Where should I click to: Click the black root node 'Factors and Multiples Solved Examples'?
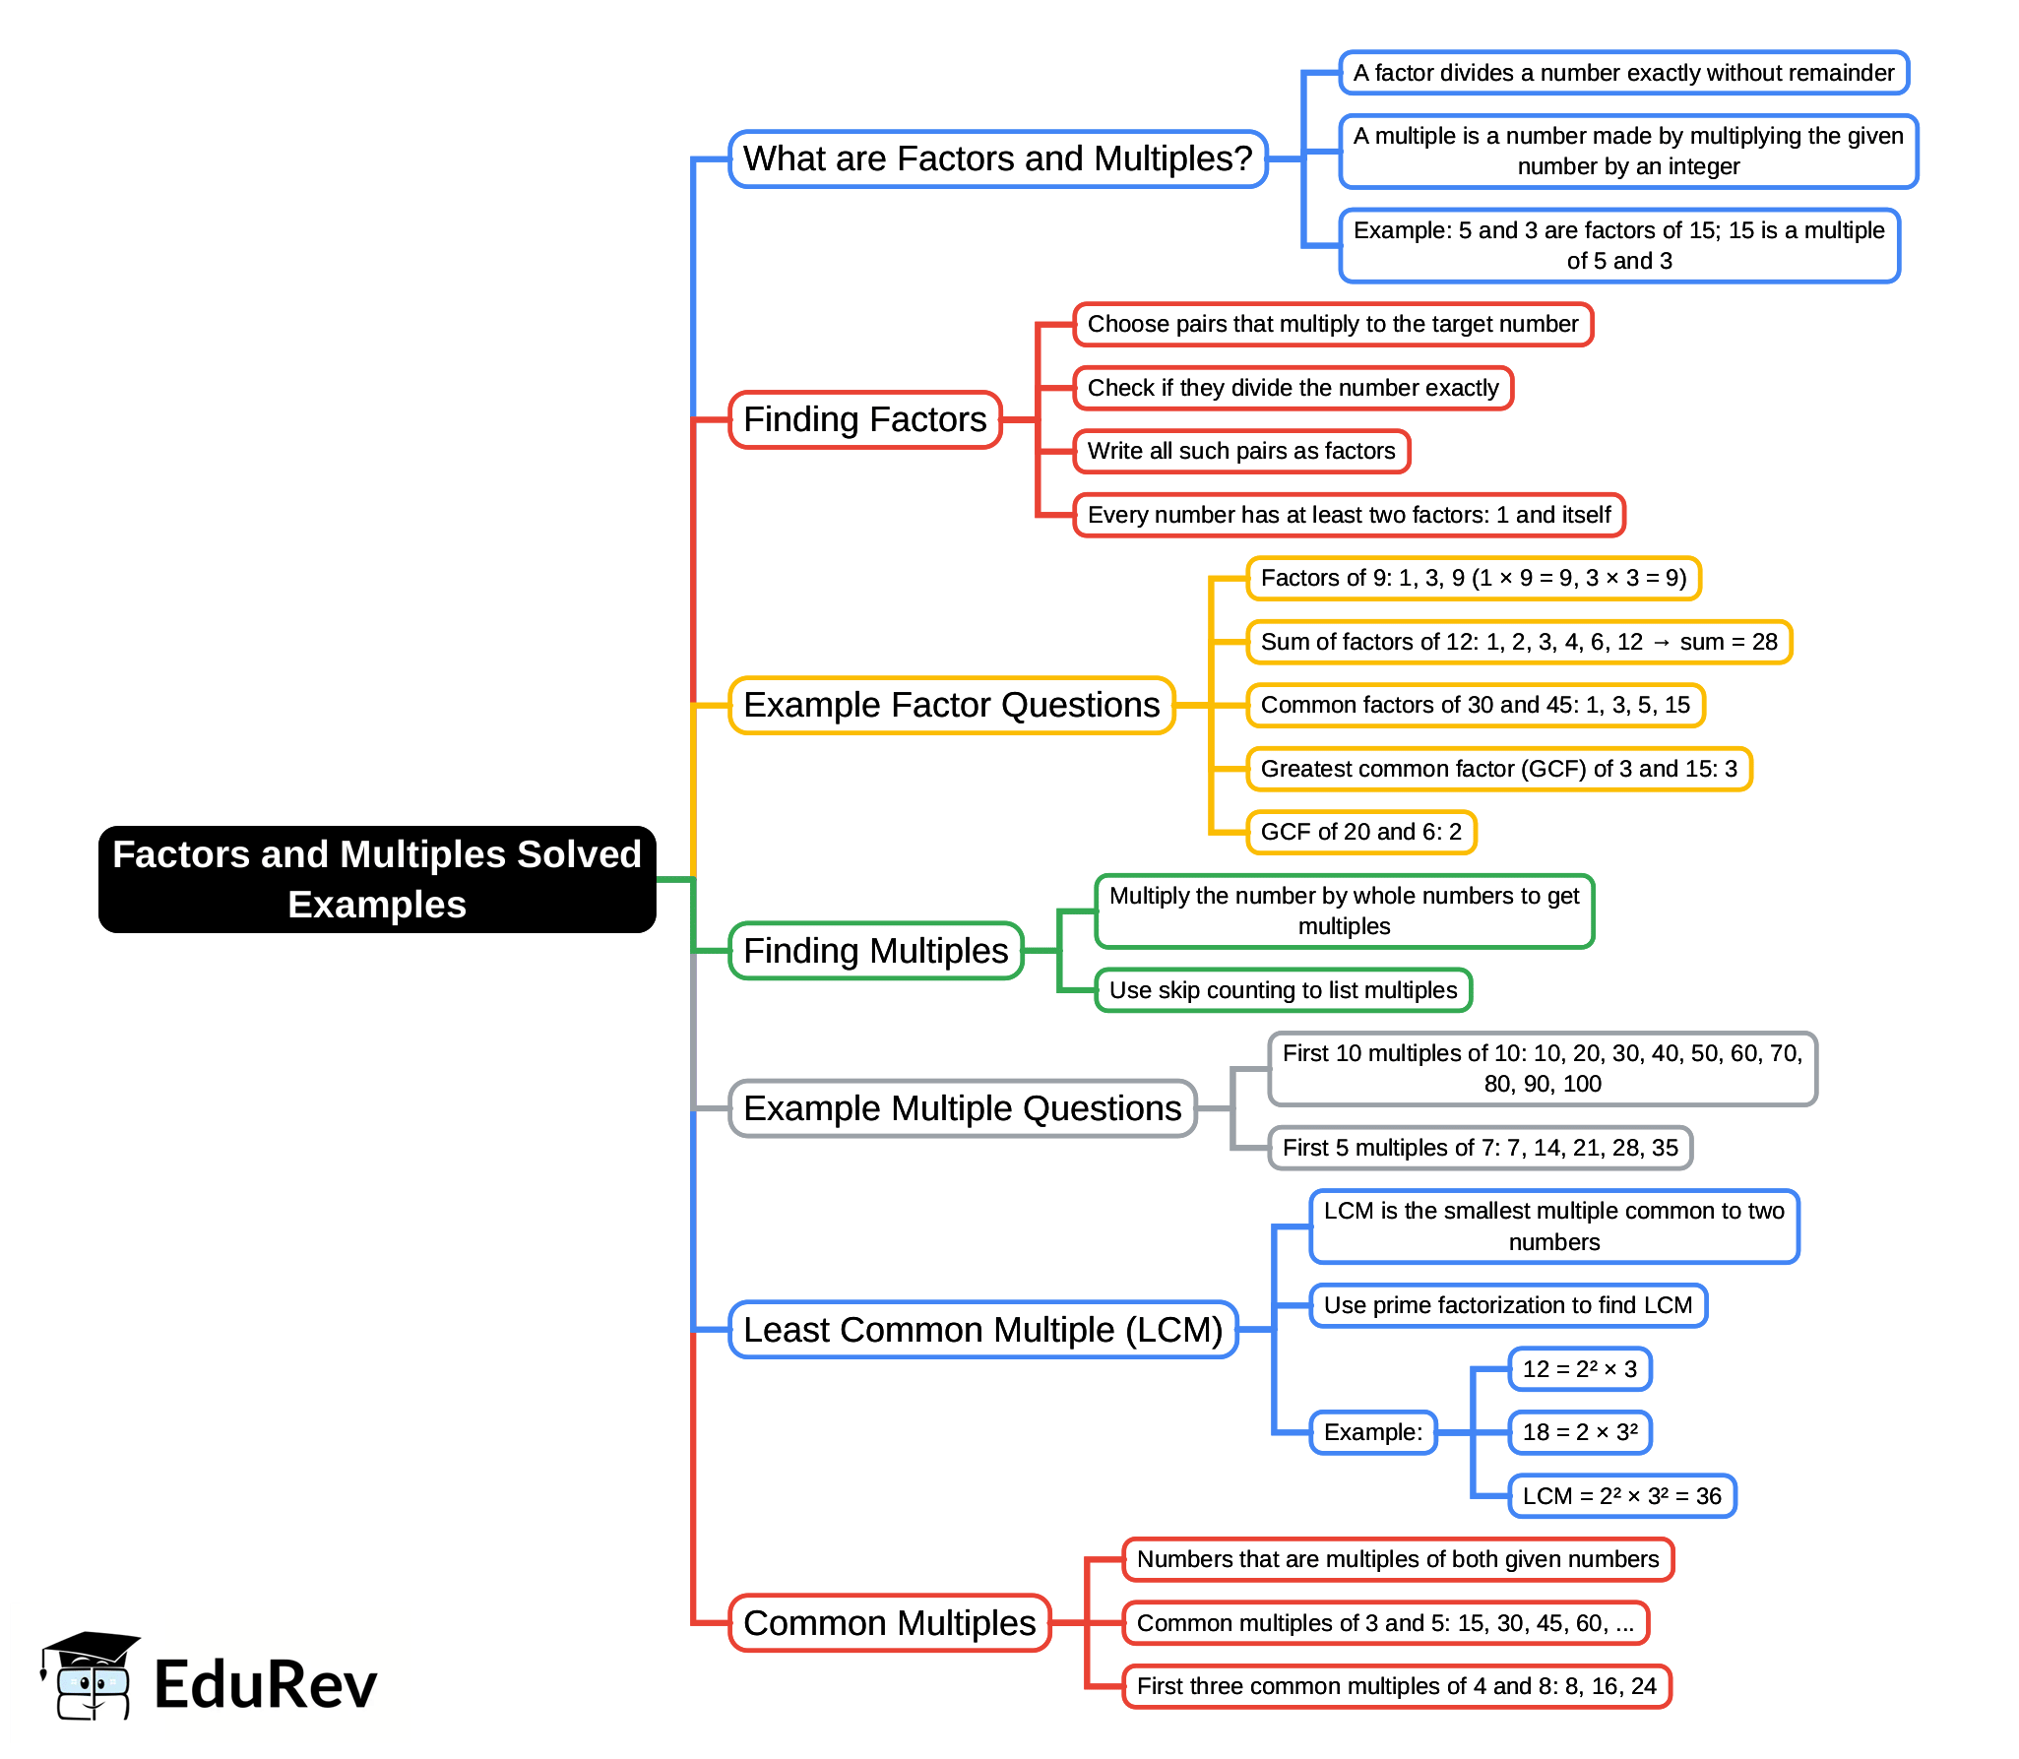(377, 879)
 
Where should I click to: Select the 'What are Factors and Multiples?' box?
(997, 158)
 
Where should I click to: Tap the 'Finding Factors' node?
(864, 419)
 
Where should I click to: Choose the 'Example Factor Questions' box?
(951, 705)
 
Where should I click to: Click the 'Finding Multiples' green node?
(875, 951)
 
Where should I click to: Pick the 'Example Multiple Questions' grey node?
(962, 1108)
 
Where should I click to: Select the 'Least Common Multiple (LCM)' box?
(982, 1330)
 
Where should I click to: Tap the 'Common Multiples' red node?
(889, 1623)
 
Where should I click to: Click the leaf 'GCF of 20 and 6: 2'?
(1360, 832)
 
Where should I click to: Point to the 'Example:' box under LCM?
(1372, 1432)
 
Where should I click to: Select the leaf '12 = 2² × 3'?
(1579, 1369)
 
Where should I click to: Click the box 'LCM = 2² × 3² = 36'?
(1621, 1496)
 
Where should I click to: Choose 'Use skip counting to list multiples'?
(1283, 990)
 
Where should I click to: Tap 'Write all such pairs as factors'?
(1241, 451)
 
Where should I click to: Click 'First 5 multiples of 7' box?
(1480, 1148)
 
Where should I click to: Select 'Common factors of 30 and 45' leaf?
(1475, 705)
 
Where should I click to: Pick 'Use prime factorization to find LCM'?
(1507, 1305)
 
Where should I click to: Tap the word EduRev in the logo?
(265, 1684)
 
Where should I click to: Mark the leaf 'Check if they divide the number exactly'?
(1293, 388)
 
